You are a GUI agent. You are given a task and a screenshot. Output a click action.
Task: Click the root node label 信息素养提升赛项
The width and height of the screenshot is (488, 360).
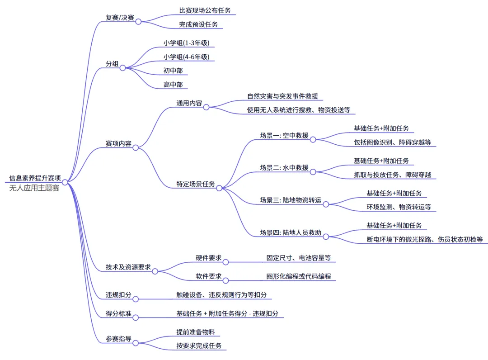click(x=35, y=178)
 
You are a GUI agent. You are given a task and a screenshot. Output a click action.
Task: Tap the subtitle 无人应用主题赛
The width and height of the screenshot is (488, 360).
click(x=34, y=188)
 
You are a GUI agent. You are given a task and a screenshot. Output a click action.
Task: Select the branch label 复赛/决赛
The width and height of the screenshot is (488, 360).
click(x=120, y=18)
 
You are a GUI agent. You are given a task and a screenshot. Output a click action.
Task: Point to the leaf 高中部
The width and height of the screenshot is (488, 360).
click(x=173, y=85)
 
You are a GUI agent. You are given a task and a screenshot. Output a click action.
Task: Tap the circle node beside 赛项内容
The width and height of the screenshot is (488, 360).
click(x=136, y=147)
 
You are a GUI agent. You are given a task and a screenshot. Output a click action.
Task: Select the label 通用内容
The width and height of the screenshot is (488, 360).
click(x=189, y=103)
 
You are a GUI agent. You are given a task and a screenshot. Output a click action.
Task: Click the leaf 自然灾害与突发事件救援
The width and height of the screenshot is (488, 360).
click(x=282, y=96)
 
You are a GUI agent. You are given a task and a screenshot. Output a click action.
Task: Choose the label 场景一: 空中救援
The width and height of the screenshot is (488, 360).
click(x=284, y=135)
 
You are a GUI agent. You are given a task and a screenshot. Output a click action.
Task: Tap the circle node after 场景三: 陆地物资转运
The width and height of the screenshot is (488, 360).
click(x=325, y=204)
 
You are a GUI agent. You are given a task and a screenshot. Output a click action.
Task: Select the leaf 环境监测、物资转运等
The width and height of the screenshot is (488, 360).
click(x=399, y=207)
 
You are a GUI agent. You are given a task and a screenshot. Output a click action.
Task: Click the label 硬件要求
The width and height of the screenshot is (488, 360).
click(x=208, y=258)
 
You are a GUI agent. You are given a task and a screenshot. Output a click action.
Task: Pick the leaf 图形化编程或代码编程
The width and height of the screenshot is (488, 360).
click(x=299, y=276)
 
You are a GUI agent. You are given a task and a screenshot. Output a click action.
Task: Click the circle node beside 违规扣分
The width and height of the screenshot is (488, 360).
click(x=135, y=298)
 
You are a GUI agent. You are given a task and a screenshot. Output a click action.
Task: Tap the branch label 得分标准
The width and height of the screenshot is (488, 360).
click(x=118, y=313)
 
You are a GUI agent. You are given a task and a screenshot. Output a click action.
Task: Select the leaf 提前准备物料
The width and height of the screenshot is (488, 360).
click(x=195, y=332)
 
